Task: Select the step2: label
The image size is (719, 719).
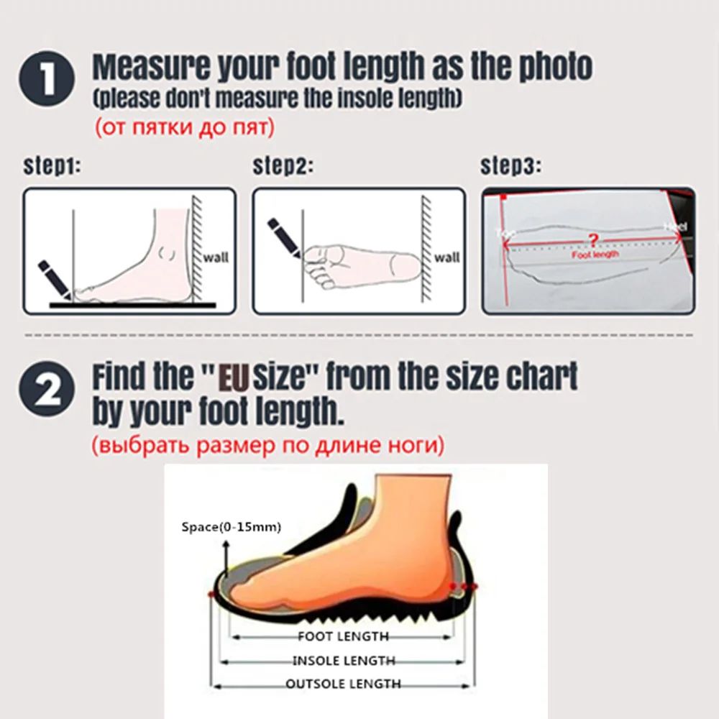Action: coord(283,167)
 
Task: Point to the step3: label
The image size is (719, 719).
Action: coord(510,167)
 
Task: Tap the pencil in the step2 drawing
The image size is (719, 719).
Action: coord(284,235)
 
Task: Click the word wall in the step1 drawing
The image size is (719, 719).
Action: coord(216,257)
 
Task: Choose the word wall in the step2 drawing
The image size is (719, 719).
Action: coord(446,257)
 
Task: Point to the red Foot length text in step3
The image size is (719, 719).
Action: coord(595,255)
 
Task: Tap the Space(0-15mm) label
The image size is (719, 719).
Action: coord(231,528)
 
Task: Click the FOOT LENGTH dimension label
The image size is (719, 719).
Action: coord(343,636)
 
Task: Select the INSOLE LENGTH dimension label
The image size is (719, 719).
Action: coord(344,661)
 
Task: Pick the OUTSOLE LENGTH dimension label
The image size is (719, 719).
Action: coord(344,684)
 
